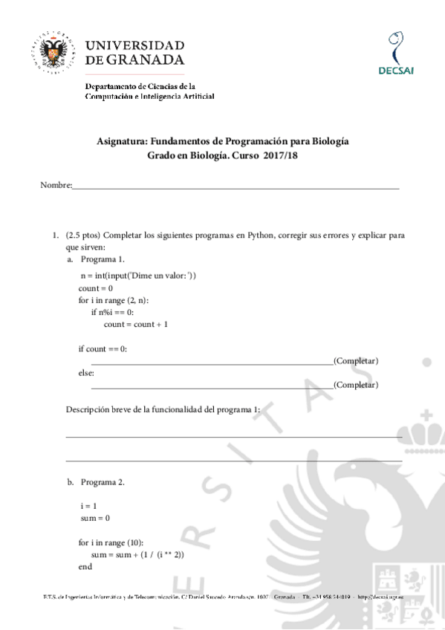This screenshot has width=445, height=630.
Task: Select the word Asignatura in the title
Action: point(123,140)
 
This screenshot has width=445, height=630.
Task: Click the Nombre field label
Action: point(55,184)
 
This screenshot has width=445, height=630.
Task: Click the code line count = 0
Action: point(95,288)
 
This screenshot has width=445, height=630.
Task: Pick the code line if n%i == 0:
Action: point(112,312)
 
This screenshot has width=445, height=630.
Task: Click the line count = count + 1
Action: point(136,324)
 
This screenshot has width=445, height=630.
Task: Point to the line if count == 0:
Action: point(103,348)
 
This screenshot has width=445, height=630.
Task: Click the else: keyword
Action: point(86,373)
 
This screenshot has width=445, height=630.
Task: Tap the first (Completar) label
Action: point(356,360)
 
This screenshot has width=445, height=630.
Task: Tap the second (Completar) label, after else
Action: point(356,385)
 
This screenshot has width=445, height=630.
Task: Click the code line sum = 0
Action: point(95,517)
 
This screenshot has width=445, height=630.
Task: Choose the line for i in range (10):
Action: point(111,542)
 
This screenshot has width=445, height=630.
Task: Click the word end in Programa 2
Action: point(85,567)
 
